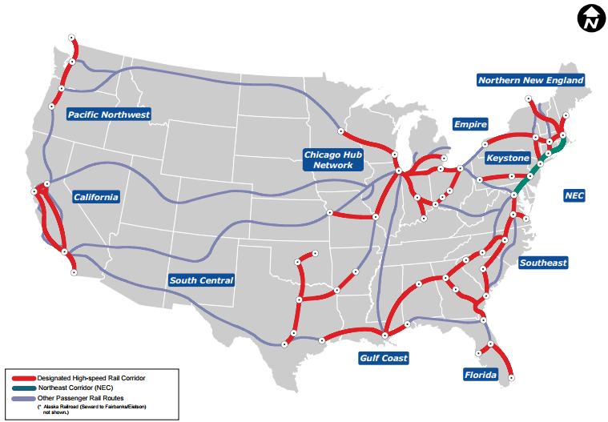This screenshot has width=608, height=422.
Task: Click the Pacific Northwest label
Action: click(x=109, y=115)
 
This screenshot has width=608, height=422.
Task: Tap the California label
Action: click(x=95, y=197)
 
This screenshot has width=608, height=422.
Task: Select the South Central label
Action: click(x=201, y=280)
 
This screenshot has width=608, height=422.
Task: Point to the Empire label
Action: click(x=470, y=124)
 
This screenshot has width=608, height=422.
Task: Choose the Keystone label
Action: click(x=507, y=159)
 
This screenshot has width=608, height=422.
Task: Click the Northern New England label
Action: click(x=530, y=80)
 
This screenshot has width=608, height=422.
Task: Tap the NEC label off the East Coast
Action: click(x=574, y=195)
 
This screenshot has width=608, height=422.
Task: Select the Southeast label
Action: click(x=542, y=263)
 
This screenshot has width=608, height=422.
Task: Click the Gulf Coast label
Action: click(x=383, y=358)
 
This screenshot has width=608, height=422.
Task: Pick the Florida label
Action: click(x=480, y=375)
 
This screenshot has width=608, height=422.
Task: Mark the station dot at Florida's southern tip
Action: click(x=511, y=377)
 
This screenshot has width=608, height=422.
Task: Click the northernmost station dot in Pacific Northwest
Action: click(x=71, y=37)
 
